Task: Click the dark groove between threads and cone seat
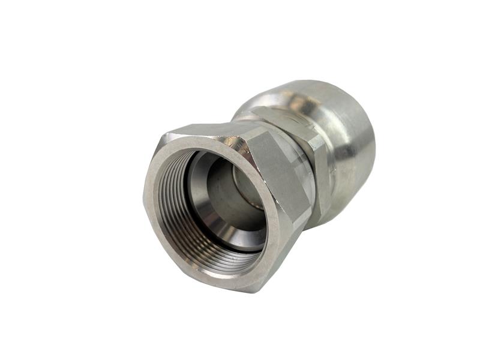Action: (191, 180)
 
